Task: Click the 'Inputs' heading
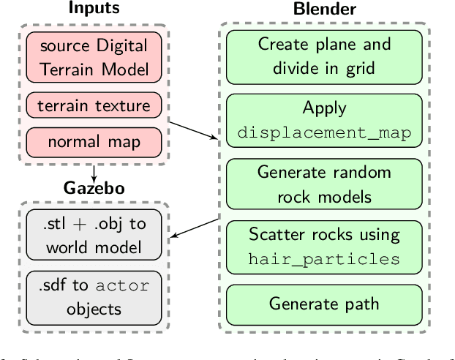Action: coord(94,9)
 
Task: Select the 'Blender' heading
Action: coord(323,9)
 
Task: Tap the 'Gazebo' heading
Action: coord(94,188)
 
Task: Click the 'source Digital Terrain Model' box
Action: coord(94,57)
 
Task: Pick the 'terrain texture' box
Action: coord(94,105)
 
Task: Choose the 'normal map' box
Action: coord(94,140)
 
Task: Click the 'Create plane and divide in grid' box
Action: coord(323,56)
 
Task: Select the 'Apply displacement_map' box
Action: coord(323,120)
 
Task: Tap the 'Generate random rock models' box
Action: coord(323,184)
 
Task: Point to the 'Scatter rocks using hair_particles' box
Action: coord(323,247)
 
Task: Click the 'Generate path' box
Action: coord(323,303)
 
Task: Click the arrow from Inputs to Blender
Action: coord(192,128)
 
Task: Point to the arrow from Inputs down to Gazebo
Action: coord(94,173)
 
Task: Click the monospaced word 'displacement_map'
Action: coord(323,132)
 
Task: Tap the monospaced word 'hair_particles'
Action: coord(323,260)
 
